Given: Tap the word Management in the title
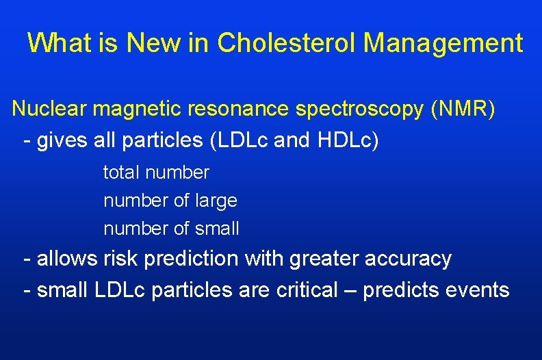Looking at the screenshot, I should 443,43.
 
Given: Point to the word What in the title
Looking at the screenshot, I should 62,43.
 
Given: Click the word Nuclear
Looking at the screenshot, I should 49,110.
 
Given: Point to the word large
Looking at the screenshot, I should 216,201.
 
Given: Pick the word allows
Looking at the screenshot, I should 68,259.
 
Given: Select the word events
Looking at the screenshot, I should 478,290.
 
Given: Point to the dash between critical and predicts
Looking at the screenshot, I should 350,291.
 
